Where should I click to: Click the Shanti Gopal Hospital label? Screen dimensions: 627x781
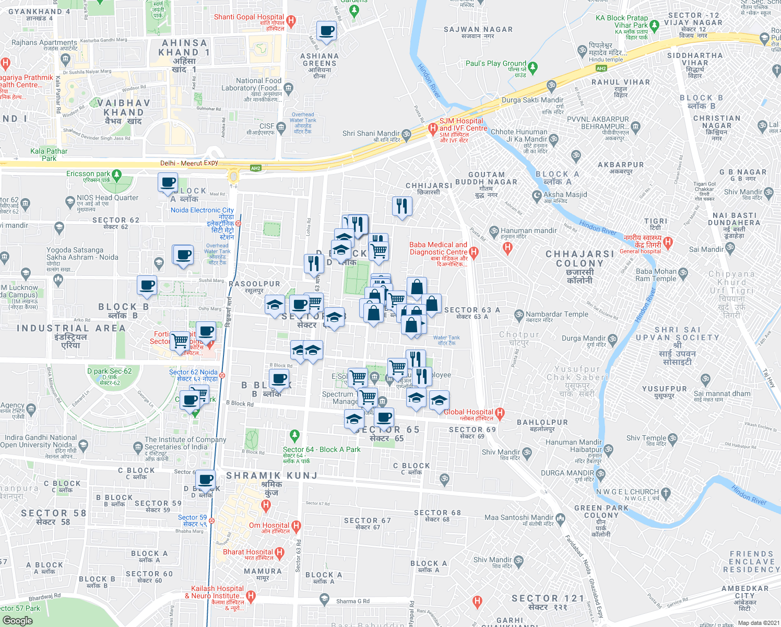pyautogui.click(x=249, y=17)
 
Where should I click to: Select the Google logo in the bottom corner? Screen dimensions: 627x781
pyautogui.click(x=17, y=620)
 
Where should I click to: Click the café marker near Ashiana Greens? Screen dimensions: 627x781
pyautogui.click(x=326, y=31)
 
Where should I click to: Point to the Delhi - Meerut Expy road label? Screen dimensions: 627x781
pyautogui.click(x=189, y=163)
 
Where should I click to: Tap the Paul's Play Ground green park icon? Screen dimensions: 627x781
pyautogui.click(x=532, y=67)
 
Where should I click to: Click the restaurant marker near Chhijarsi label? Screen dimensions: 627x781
pyautogui.click(x=402, y=206)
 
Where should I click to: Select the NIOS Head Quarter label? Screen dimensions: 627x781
pyautogui.click(x=108, y=198)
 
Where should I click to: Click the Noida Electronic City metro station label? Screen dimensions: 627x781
pyautogui.click(x=203, y=210)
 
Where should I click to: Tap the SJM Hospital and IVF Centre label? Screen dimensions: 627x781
pyautogui.click(x=463, y=124)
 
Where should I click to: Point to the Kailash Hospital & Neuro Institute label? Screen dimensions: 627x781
pyautogui.click(x=217, y=592)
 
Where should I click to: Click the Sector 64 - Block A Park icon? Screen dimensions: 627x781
pyautogui.click(x=295, y=435)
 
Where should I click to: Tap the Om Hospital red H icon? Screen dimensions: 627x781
pyautogui.click(x=296, y=526)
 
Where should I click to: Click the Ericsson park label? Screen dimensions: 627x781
pyautogui.click(x=88, y=173)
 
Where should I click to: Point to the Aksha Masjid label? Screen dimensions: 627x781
pyautogui.click(x=565, y=194)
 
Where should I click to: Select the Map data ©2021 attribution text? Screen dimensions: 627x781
pyautogui.click(x=756, y=623)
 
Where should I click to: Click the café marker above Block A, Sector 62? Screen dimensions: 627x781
pyautogui.click(x=168, y=183)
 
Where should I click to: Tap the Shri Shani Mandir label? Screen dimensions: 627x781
pyautogui.click(x=371, y=133)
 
